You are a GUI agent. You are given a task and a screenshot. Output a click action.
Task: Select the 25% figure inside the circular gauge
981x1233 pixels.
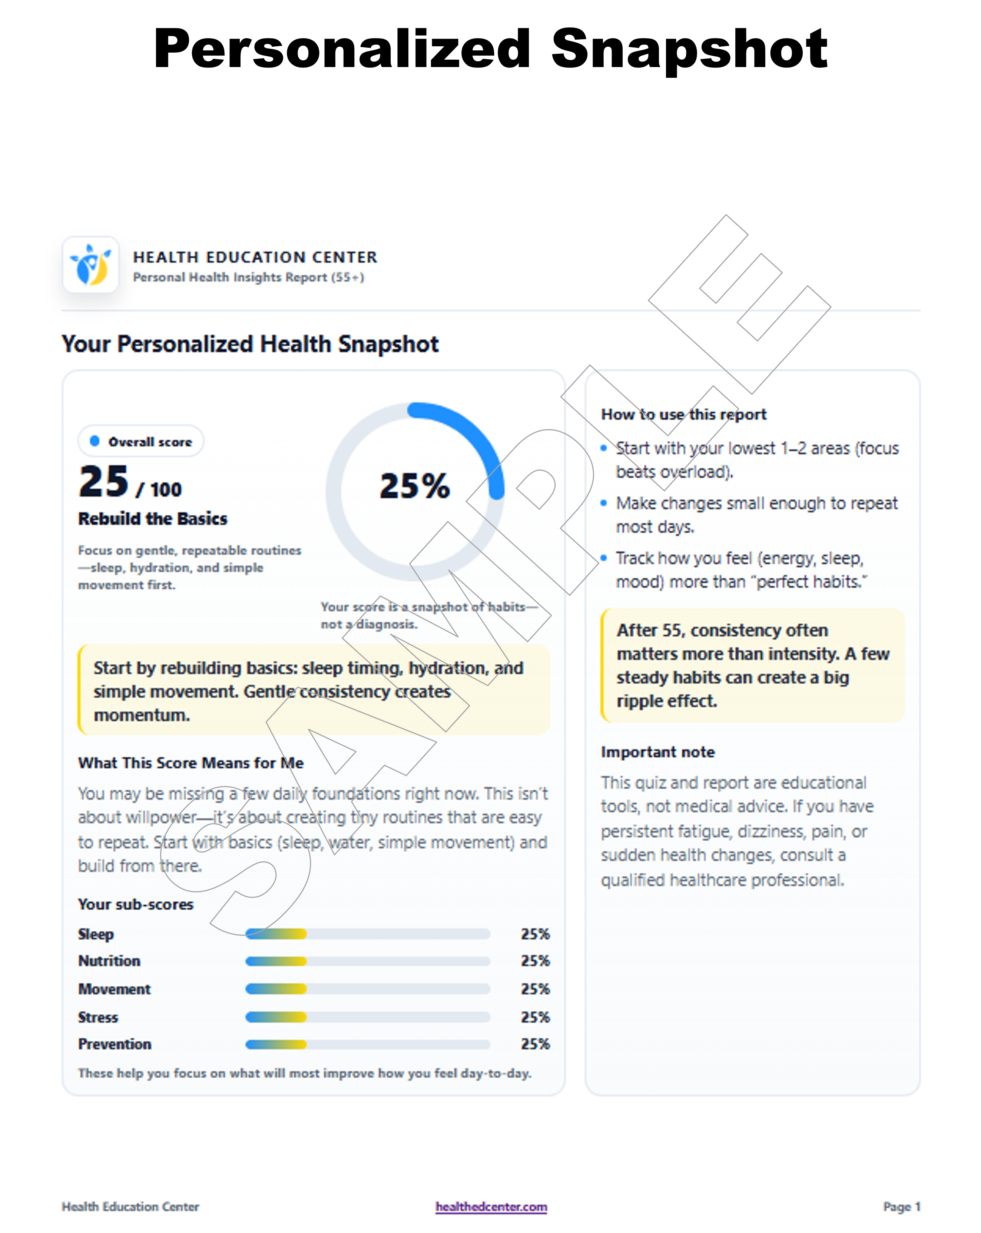(x=415, y=486)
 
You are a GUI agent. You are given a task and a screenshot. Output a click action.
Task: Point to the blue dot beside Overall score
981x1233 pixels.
(x=95, y=441)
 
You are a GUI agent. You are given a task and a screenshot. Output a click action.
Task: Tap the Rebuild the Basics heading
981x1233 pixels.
(x=153, y=519)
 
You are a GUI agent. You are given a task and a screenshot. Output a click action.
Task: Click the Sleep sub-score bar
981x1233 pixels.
(x=368, y=934)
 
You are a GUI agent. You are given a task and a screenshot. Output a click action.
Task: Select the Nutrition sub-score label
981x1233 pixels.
(x=109, y=961)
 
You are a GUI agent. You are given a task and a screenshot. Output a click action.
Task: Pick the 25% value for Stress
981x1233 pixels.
(x=535, y=1017)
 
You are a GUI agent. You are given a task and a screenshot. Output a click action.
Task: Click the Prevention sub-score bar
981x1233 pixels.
(x=368, y=1044)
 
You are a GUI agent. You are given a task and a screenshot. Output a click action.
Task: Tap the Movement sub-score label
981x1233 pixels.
(x=115, y=989)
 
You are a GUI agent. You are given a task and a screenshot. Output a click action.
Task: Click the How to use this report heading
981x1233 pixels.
(x=683, y=414)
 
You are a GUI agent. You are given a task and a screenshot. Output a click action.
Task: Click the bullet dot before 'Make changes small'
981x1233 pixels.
(x=603, y=503)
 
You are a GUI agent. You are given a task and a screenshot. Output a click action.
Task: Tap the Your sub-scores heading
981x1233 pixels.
(x=136, y=904)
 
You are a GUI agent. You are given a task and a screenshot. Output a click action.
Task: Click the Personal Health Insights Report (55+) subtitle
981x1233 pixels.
(x=248, y=277)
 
